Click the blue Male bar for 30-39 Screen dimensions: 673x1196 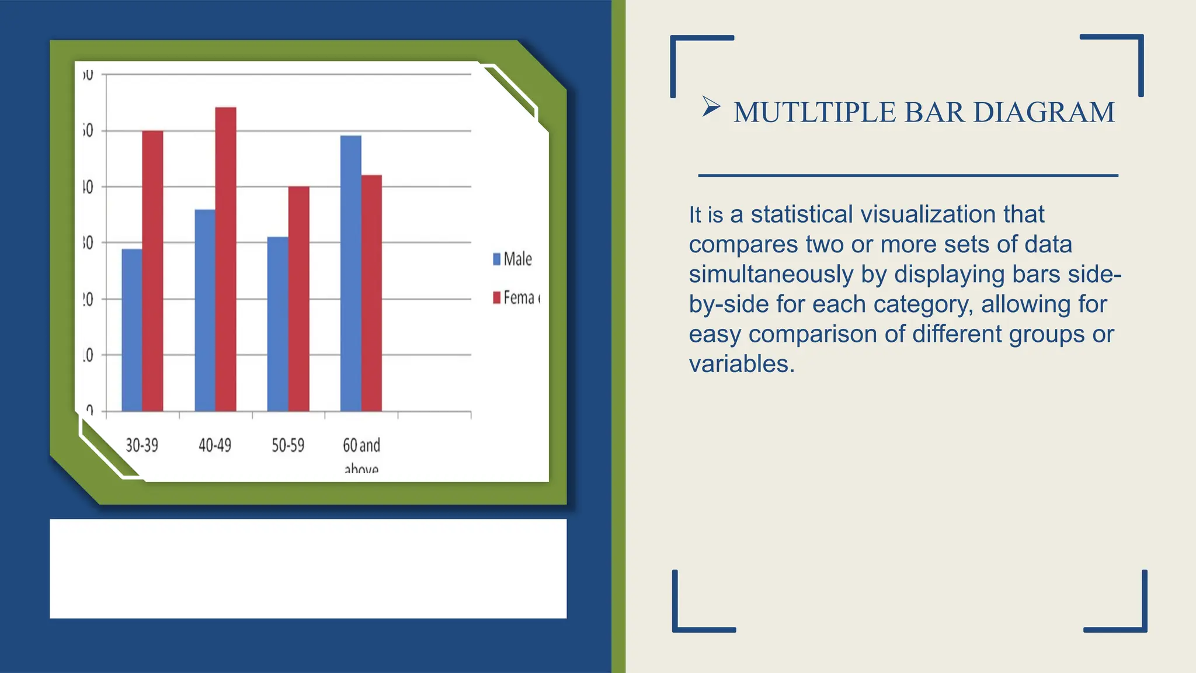(132, 330)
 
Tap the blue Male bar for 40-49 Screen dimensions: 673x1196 (205, 310)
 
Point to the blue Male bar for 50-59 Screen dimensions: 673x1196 (277, 324)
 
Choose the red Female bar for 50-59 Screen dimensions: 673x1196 (298, 299)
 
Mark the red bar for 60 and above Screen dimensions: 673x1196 (371, 293)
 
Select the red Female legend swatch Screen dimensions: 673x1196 (497, 297)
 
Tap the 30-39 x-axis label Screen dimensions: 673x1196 (142, 446)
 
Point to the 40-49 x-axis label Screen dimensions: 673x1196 (215, 446)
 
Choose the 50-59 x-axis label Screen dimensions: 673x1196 (288, 446)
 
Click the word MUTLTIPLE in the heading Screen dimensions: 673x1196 (814, 112)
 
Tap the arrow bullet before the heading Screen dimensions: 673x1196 (711, 106)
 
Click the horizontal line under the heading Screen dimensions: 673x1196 (908, 175)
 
